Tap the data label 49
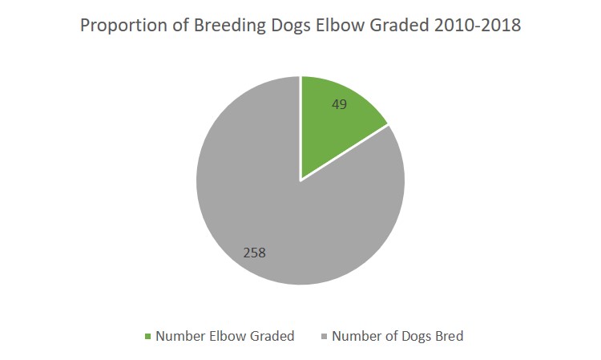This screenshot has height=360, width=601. point(339,104)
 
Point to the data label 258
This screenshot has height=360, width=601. point(255,253)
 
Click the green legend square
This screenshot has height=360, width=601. point(148,337)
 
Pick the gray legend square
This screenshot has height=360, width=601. point(325,337)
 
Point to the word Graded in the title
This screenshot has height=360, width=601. point(399,26)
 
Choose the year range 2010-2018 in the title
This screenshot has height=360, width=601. point(478,26)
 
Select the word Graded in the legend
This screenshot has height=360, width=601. point(272,336)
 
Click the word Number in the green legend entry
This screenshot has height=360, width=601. point(180,336)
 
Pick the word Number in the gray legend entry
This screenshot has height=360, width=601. point(357,336)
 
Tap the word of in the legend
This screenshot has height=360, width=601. point(391,336)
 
